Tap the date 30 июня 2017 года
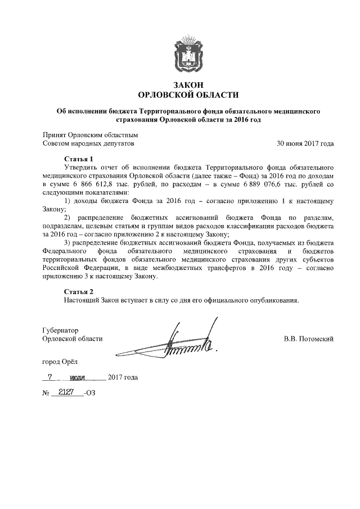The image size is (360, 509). click(305, 143)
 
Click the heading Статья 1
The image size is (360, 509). click(78, 159)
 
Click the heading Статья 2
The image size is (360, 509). click(78, 291)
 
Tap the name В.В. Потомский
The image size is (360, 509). click(309, 339)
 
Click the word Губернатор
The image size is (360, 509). click(60, 330)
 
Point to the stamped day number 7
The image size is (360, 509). click(51, 377)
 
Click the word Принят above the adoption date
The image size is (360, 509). click(55, 135)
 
